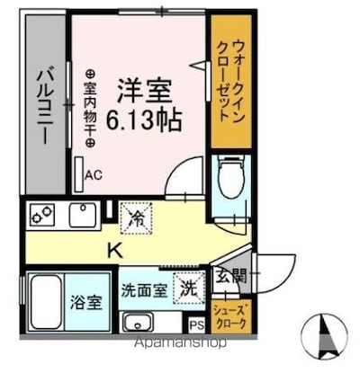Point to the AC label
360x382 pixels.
click(93, 177)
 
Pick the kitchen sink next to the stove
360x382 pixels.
click(84, 216)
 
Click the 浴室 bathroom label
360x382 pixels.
click(91, 299)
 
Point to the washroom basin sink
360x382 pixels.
click(140, 321)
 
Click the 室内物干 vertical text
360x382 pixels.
click(90, 108)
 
